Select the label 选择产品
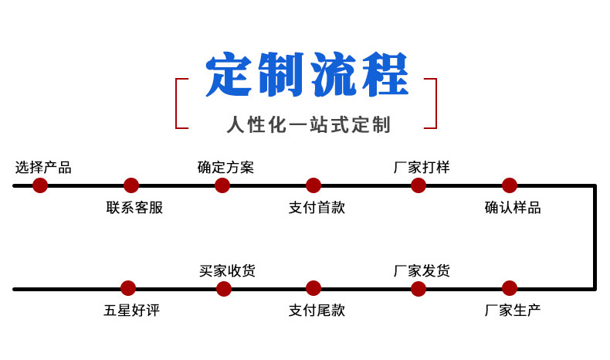(x=43, y=167)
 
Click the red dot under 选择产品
(x=40, y=185)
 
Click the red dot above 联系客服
(x=131, y=185)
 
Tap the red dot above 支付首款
(x=313, y=185)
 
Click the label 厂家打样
(x=422, y=167)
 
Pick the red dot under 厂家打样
(x=418, y=185)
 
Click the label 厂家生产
(x=513, y=311)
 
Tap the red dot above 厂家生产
(x=509, y=289)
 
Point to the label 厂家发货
(x=422, y=270)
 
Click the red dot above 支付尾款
(x=313, y=289)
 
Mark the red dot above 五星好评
(x=129, y=289)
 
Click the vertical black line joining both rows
(x=595, y=237)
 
